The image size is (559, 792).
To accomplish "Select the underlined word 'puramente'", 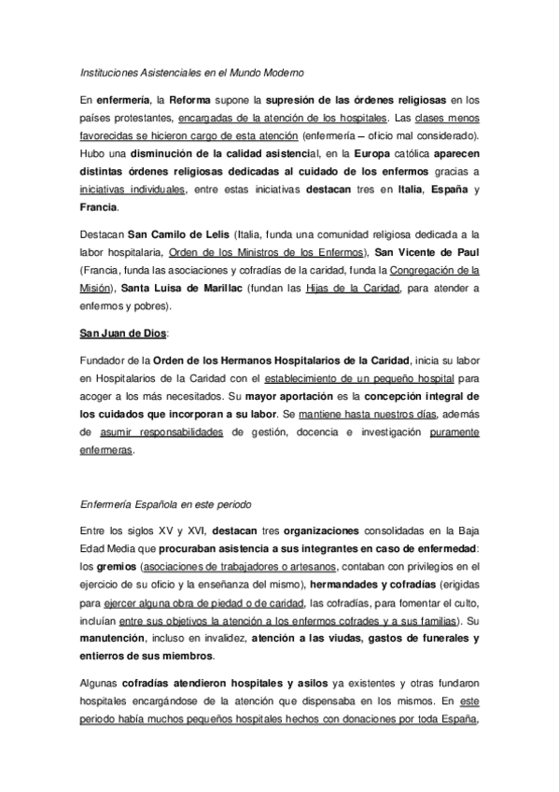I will (x=455, y=432).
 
